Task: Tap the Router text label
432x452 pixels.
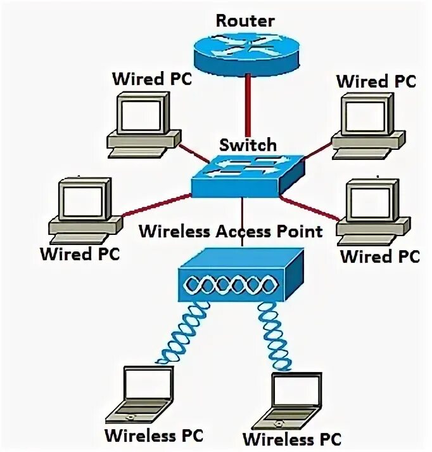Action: click(x=245, y=20)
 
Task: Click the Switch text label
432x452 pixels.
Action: click(x=248, y=145)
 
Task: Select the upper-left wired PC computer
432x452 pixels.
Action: click(x=141, y=123)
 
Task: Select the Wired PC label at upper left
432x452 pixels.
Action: click(x=151, y=79)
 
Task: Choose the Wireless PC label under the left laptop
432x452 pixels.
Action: click(x=154, y=436)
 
